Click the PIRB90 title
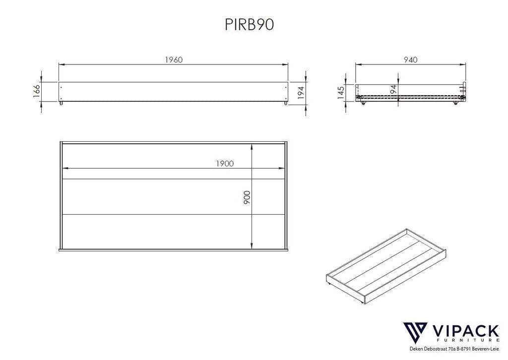coord(250,25)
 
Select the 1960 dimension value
coord(174,60)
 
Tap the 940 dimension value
coord(410,60)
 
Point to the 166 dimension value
coord(37,92)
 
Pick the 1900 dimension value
coord(224,163)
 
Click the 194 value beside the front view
coord(300,92)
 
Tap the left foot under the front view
coord(62,104)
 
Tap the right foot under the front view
coord(285,104)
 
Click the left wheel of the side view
coord(363,104)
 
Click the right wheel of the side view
coord(455,104)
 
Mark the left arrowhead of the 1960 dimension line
coord(61,64)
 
